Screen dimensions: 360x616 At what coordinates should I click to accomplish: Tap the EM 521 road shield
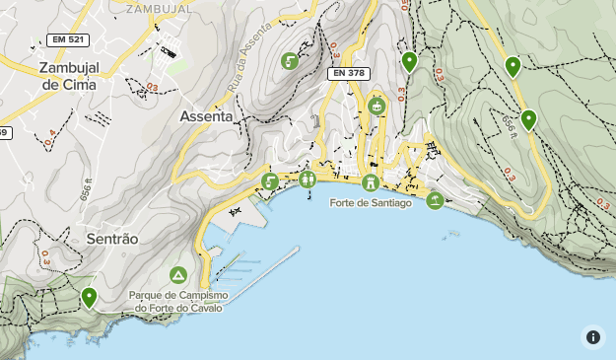tap(68, 40)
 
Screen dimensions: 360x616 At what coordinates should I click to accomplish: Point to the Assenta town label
tap(207, 116)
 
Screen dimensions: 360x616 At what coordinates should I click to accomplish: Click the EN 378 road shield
tap(349, 73)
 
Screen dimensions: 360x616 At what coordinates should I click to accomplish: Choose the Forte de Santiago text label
tap(370, 203)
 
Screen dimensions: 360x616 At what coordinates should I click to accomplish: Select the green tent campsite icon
tap(178, 274)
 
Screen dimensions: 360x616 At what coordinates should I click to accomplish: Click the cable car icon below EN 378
tap(376, 105)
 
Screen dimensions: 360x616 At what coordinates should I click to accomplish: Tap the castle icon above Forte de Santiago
tap(370, 182)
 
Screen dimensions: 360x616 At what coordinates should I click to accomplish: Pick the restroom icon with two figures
tap(308, 180)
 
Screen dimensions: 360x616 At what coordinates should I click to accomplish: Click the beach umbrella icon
tap(435, 200)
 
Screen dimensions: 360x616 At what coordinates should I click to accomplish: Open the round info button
tap(592, 336)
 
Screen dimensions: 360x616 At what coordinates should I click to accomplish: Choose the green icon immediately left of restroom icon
tap(270, 181)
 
